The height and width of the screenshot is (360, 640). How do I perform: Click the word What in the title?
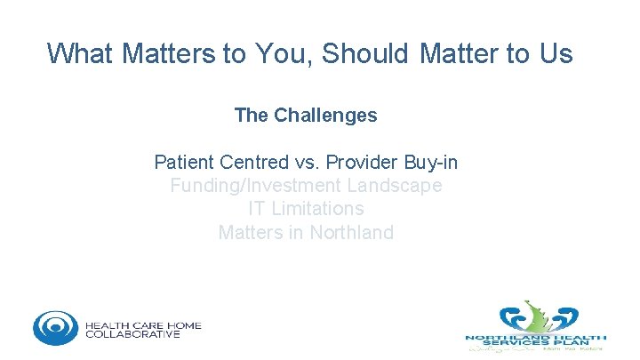pos(80,54)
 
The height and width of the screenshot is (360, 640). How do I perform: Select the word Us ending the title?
pos(555,54)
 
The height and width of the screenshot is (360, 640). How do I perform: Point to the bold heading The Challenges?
pos(306,116)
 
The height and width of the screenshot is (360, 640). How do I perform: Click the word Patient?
pos(183,163)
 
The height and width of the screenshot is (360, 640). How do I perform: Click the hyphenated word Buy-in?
pos(431,163)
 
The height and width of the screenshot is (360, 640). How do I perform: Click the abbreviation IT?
pos(257,209)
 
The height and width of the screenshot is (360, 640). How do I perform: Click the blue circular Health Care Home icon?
pos(55,328)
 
